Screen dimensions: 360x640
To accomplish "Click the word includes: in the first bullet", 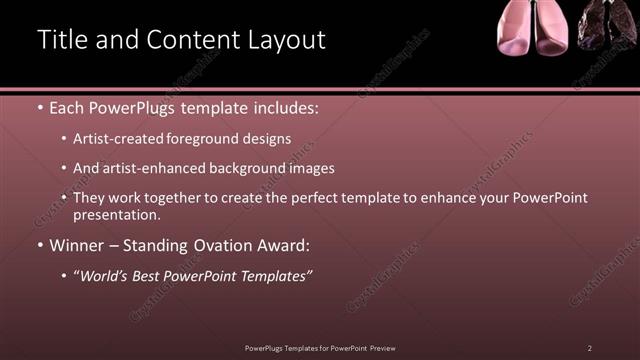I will click(x=284, y=108).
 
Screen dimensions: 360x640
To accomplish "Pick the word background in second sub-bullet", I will click(x=244, y=169).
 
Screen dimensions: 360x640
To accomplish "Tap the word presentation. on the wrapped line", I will click(x=116, y=215).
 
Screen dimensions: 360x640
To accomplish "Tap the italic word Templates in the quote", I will click(x=275, y=275).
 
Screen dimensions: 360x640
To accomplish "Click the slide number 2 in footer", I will click(x=590, y=347).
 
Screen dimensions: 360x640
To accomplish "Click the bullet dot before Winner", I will click(x=39, y=245).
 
